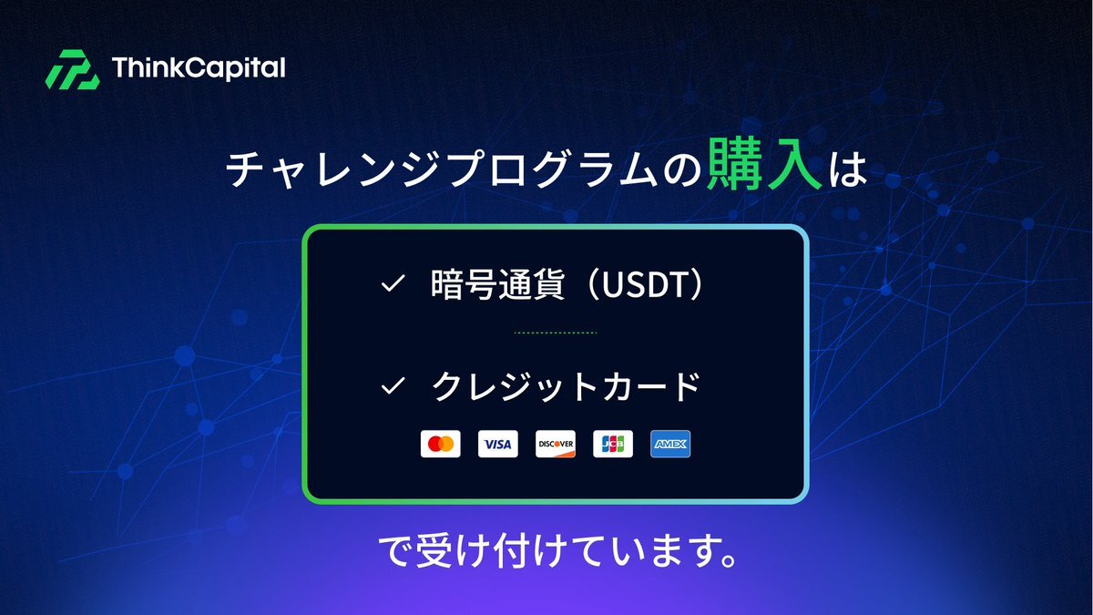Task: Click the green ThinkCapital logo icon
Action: pos(72,69)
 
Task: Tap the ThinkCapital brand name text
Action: pos(199,67)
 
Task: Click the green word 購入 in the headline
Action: pos(765,165)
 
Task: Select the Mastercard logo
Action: pos(441,444)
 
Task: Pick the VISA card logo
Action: pos(497,444)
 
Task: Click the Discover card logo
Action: pos(556,444)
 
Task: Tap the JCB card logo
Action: pos(613,444)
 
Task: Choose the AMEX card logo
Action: pos(670,444)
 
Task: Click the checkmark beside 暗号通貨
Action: pos(393,283)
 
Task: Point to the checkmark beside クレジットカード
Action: pos(393,385)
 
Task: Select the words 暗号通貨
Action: pos(497,284)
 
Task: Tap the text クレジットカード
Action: pos(566,386)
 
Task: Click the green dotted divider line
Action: pos(556,333)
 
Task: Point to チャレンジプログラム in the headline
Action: pos(442,169)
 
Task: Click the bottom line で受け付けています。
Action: pos(557,551)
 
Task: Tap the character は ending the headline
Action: pos(848,169)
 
